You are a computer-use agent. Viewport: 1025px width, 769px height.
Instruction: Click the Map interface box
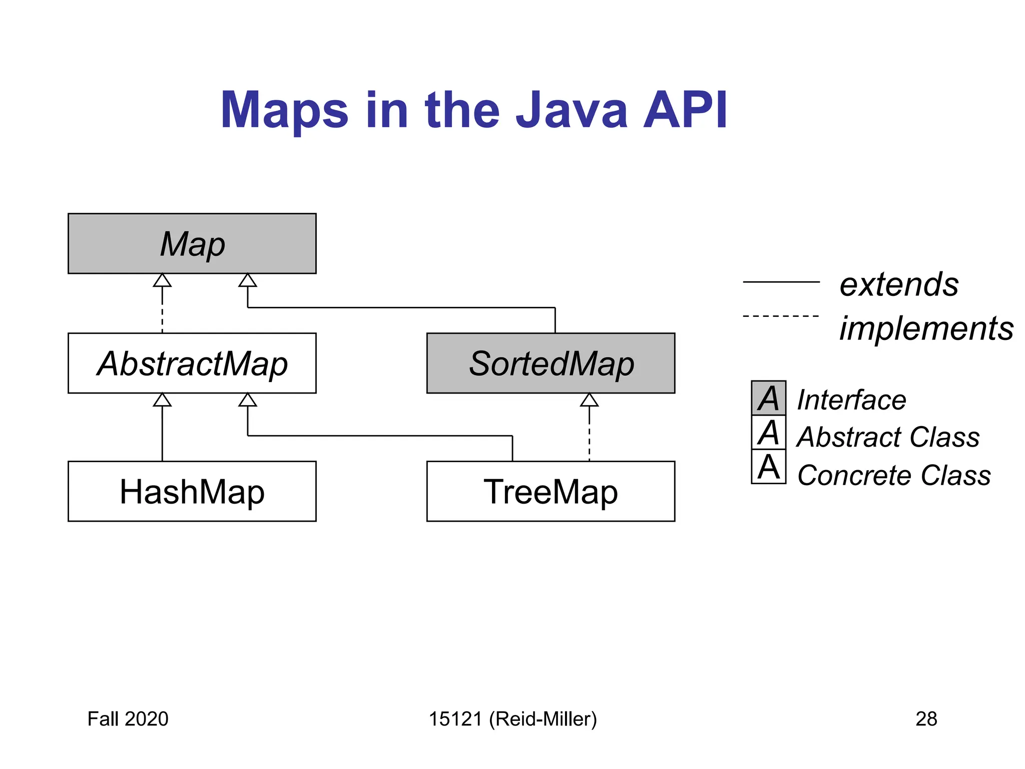(x=192, y=243)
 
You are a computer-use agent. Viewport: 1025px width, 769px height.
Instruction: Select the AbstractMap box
(x=192, y=363)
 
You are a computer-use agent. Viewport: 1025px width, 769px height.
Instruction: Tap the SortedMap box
(x=551, y=363)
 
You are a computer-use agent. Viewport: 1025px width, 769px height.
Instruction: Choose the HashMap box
(x=192, y=491)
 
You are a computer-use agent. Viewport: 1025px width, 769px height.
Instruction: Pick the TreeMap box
(x=551, y=491)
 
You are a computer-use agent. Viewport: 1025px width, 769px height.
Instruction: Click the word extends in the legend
(x=899, y=284)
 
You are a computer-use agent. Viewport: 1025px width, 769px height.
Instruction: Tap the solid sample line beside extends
(x=781, y=282)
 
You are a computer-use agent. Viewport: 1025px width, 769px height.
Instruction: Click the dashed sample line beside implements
(x=781, y=316)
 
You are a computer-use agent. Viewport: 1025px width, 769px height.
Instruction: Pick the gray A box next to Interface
(x=768, y=398)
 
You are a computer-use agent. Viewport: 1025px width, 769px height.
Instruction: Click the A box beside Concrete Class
(x=768, y=467)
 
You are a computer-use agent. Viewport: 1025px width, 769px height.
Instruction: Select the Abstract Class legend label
(x=888, y=437)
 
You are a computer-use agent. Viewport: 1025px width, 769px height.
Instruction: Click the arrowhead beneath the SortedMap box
(x=589, y=400)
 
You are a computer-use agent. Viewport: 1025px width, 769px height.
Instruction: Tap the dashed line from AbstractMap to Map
(x=162, y=310)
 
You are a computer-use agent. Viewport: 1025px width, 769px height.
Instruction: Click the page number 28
(x=926, y=719)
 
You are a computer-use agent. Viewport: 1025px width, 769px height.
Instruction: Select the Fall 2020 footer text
(x=128, y=719)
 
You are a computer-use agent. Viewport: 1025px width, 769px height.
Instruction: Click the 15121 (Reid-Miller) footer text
(x=512, y=719)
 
